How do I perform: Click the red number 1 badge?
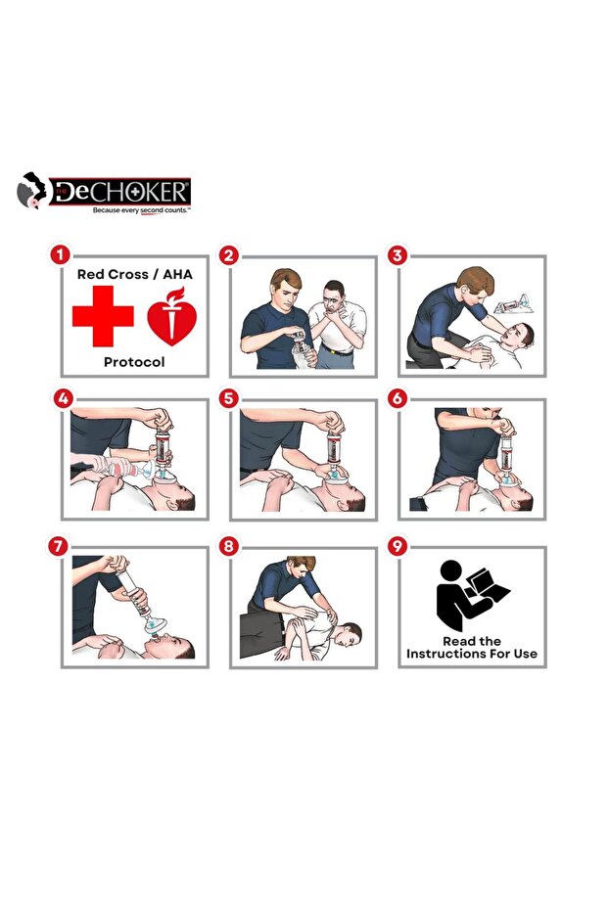pos(60,254)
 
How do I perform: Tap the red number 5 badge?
pos(228,398)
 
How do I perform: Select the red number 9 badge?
pos(397,546)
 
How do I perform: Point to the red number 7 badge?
pos(58,546)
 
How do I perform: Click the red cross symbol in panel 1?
pos(103,316)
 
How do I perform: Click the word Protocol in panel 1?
pos(134,362)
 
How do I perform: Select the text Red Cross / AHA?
pos(135,274)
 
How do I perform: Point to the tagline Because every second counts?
pos(141,210)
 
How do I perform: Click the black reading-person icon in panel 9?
pos(471,595)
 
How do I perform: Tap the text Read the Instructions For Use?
pos(471,647)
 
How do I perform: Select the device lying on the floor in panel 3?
pos(511,304)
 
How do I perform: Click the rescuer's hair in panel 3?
pos(476,278)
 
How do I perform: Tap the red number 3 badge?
pos(397,254)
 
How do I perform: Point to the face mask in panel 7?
pos(155,625)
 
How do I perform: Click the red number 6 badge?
pos(397,398)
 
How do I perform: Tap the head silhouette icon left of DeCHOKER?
pos(32,191)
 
